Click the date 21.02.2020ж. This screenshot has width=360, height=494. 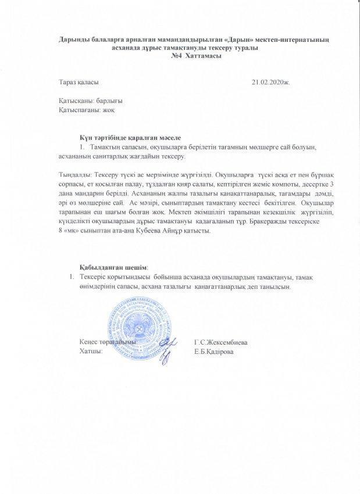[x=270, y=83]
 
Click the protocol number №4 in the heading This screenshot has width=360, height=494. [x=177, y=56]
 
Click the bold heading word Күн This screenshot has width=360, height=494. [x=87, y=137]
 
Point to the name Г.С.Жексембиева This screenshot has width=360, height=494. [x=222, y=343]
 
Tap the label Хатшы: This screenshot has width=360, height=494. [x=91, y=352]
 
